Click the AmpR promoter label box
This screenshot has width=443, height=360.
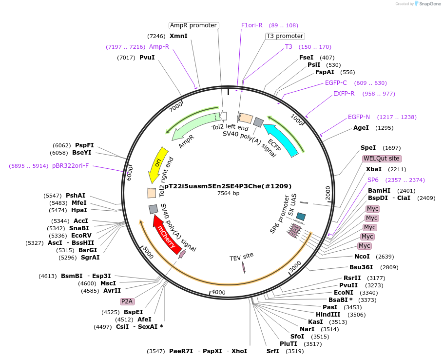click(x=193, y=25)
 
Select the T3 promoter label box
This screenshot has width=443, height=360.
click(x=285, y=36)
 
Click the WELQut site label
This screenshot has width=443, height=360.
click(x=382, y=159)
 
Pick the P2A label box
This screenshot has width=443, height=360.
click(x=127, y=301)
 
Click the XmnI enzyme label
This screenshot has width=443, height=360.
click(x=178, y=36)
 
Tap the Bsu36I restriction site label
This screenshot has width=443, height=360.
click(x=361, y=267)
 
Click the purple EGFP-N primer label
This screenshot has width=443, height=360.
click(x=359, y=117)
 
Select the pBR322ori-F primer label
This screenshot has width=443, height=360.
click(x=71, y=166)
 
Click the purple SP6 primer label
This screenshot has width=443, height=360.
click(x=373, y=180)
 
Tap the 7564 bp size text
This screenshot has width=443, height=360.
click(x=228, y=194)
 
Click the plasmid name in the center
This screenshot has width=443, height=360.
click(x=228, y=186)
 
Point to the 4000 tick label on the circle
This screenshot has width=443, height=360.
click(x=218, y=292)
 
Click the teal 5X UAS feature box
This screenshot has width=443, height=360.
click(x=301, y=216)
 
